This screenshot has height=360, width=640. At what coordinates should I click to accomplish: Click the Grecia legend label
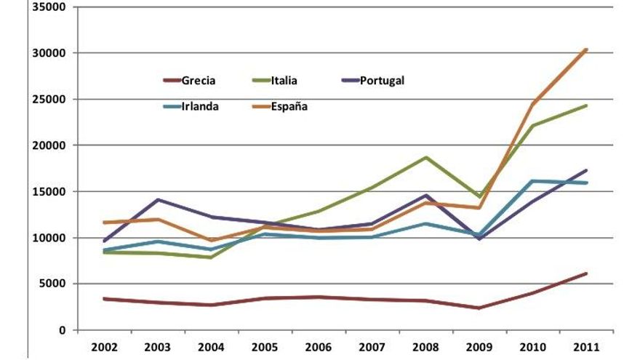pyautogui.click(x=199, y=81)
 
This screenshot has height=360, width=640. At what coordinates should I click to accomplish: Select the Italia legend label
pyautogui.click(x=284, y=81)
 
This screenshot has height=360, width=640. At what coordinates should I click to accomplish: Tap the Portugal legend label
pyautogui.click(x=382, y=81)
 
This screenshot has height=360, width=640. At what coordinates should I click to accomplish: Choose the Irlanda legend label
pyautogui.click(x=201, y=106)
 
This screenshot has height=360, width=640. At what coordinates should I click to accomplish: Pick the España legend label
pyautogui.click(x=289, y=106)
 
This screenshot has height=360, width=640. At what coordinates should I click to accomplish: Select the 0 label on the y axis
pyautogui.click(x=62, y=330)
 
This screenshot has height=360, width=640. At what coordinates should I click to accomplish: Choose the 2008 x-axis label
pyautogui.click(x=426, y=346)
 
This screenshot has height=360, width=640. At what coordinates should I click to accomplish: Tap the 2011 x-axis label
pyautogui.click(x=586, y=346)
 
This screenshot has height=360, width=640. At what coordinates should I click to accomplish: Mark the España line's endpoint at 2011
pyautogui.click(x=586, y=49)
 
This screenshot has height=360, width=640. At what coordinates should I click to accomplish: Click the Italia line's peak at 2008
pyautogui.click(x=426, y=157)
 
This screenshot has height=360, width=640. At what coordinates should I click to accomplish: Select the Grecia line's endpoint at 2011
pyautogui.click(x=586, y=273)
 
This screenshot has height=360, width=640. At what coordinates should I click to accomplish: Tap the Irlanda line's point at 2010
pyautogui.click(x=533, y=181)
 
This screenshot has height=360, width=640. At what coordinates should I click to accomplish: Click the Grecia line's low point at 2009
pyautogui.click(x=479, y=308)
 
